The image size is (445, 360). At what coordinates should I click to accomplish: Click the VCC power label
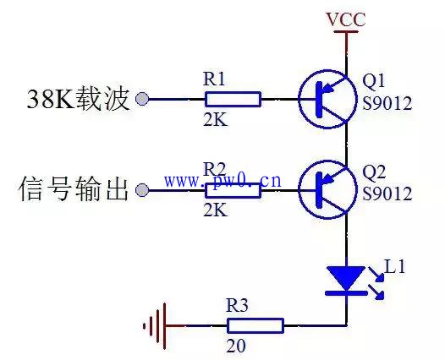(x=346, y=19)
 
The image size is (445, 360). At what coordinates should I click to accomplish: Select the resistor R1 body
(x=233, y=99)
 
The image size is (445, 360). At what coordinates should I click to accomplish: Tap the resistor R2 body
(x=233, y=190)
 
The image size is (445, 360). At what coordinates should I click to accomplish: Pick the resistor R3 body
(x=255, y=325)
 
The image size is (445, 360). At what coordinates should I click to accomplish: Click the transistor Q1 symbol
(x=327, y=99)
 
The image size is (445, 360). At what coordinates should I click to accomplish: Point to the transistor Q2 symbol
(x=327, y=189)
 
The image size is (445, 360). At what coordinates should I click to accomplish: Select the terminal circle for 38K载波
(x=142, y=99)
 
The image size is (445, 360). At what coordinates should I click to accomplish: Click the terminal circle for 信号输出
(x=142, y=190)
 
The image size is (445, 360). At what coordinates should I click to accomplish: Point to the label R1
(x=214, y=79)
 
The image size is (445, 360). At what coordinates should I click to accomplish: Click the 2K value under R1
(x=216, y=120)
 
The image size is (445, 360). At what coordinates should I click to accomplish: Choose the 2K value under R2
(x=216, y=210)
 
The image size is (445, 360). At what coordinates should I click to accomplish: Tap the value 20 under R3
(x=236, y=346)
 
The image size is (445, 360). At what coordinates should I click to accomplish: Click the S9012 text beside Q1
(x=387, y=103)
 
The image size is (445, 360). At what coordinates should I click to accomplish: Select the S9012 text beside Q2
(x=387, y=194)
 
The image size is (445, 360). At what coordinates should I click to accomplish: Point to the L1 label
(x=394, y=266)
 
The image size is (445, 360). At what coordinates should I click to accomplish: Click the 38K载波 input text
(x=78, y=99)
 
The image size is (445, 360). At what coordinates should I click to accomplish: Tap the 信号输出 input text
(x=74, y=188)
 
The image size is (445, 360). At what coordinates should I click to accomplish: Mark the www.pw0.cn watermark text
(x=222, y=181)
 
